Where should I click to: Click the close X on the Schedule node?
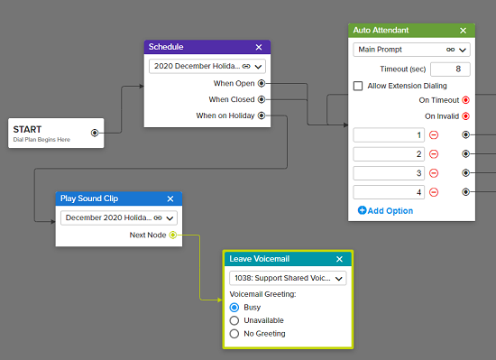point(259,47)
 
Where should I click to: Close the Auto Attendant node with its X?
point(464,31)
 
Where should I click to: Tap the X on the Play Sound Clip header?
point(170,198)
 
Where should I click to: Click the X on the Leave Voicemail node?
point(339,259)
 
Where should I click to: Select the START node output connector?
point(95,133)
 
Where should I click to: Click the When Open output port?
point(262,83)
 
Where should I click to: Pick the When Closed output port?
point(262,99)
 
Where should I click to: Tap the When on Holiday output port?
point(262,115)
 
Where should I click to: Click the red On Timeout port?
point(465,100)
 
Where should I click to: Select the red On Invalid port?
point(465,116)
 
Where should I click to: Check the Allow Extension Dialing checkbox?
point(358,86)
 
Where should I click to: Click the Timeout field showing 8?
point(450,69)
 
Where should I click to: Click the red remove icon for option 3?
point(434,173)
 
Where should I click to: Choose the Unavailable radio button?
point(234,320)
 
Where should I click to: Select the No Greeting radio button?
point(234,334)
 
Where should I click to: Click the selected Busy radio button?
point(234,307)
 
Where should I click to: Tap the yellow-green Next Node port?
point(173,235)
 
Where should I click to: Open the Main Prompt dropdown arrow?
point(463,50)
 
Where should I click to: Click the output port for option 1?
point(465,134)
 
